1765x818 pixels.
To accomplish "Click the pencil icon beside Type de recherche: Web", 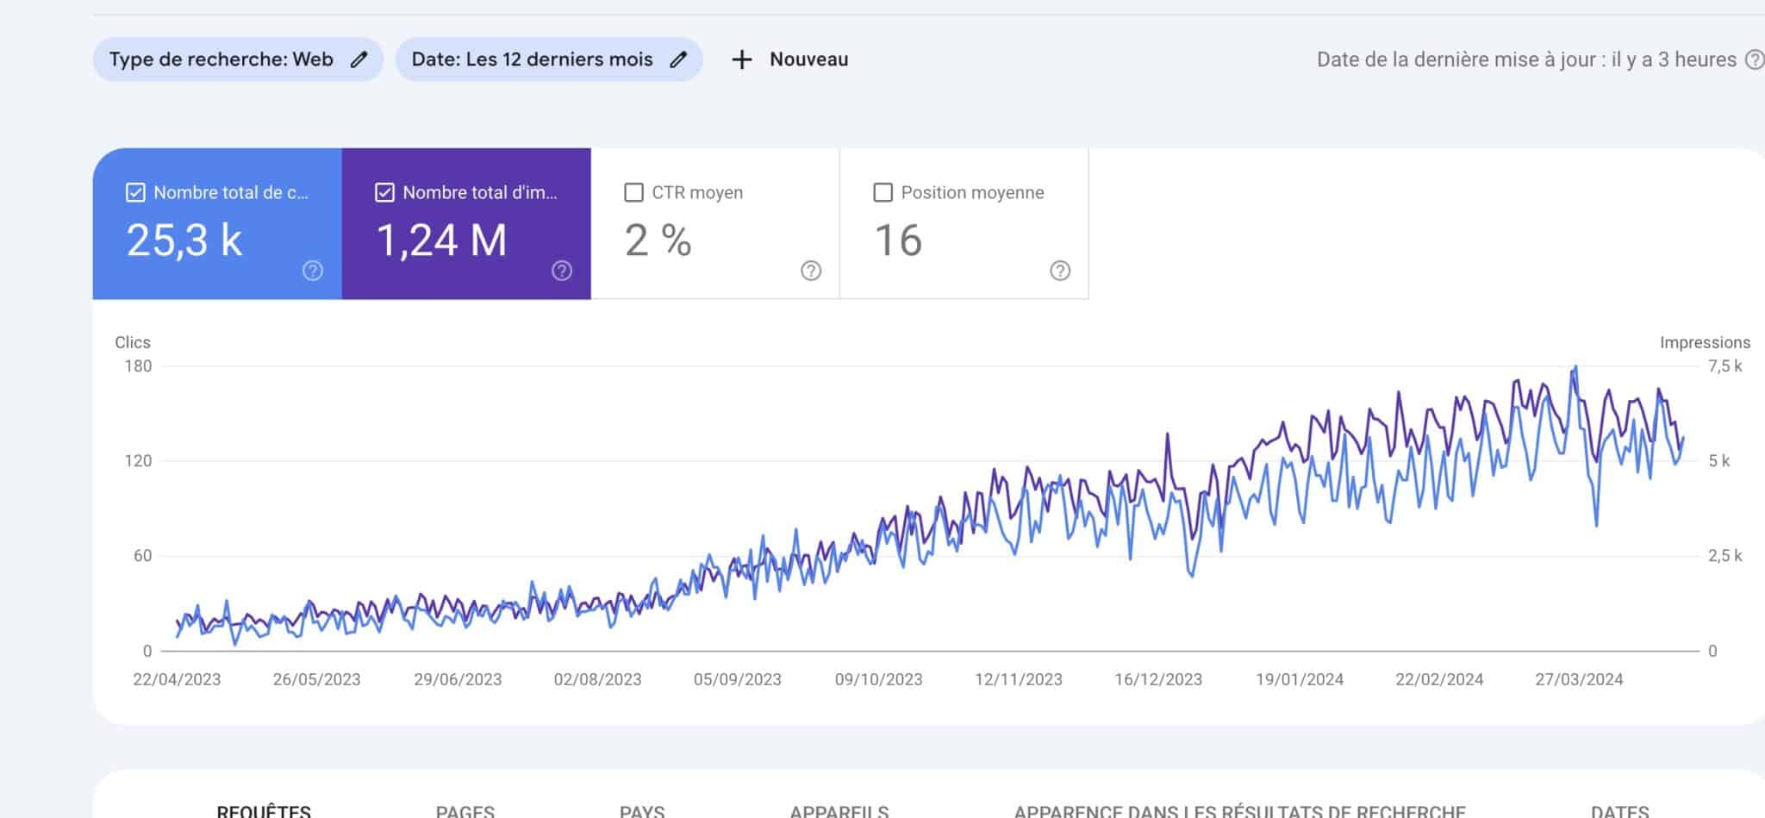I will pyautogui.click(x=359, y=59).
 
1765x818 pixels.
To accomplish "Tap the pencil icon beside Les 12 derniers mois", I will pyautogui.click(x=678, y=59).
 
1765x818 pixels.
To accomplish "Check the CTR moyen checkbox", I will pyautogui.click(x=633, y=192).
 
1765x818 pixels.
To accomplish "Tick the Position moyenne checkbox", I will pyautogui.click(x=882, y=192).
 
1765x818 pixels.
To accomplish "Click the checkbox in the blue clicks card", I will pyautogui.click(x=135, y=192).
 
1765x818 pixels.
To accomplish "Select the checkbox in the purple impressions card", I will pyautogui.click(x=384, y=192).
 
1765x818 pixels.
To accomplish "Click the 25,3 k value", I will pyautogui.click(x=184, y=240).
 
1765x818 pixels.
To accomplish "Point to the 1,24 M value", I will pyautogui.click(x=441, y=240).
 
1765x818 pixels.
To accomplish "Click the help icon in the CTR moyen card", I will pyautogui.click(x=810, y=271).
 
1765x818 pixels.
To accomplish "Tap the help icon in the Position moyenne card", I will pyautogui.click(x=1059, y=271).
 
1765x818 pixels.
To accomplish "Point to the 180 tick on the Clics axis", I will pyautogui.click(x=138, y=366).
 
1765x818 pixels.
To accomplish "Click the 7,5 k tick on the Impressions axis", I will pyautogui.click(x=1724, y=366).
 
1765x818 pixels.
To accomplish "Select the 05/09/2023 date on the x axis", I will pyautogui.click(x=738, y=679).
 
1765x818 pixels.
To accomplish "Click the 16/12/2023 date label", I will pyautogui.click(x=1158, y=679).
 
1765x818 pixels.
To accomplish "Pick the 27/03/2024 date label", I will pyautogui.click(x=1579, y=679).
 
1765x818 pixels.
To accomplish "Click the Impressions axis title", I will pyautogui.click(x=1705, y=342).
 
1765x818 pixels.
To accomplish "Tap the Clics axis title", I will pyautogui.click(x=133, y=342).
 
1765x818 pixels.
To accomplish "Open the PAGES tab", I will pyautogui.click(x=465, y=810).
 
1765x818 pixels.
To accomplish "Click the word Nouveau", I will pyautogui.click(x=808, y=59).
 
